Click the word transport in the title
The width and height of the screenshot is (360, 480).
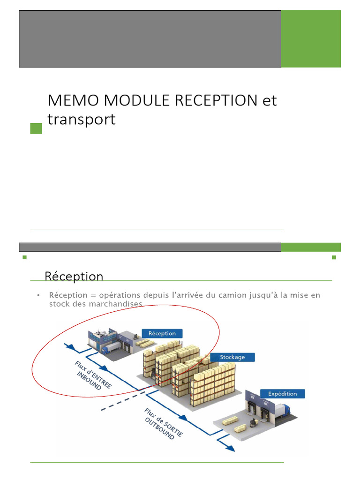(81, 120)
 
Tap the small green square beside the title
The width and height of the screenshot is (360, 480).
(36, 128)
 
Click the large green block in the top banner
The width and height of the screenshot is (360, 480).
(311, 38)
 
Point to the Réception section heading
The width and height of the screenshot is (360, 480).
(74, 276)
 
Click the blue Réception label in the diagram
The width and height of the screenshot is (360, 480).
(162, 334)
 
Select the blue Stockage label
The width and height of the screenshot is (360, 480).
(232, 357)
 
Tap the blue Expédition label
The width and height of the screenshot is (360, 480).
(282, 393)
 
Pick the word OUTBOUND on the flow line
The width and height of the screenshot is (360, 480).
(159, 427)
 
